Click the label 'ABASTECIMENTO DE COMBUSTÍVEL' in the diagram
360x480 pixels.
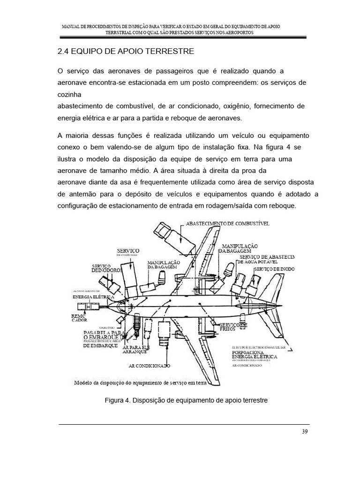228,224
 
